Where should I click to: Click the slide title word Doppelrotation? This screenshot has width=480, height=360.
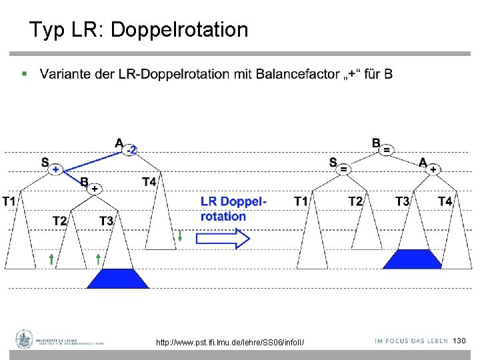pos(179,30)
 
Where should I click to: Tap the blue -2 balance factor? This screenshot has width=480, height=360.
pos(131,150)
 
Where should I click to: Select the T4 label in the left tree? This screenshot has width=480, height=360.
pos(149,181)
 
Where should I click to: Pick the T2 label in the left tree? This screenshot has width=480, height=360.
pos(60,221)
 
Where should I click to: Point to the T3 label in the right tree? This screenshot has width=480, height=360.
pos(402,201)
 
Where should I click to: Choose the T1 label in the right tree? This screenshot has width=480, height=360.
pos(301,201)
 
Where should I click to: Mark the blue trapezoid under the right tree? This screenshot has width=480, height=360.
pos(411,259)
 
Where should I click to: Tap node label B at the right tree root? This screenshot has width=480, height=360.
pos(376,143)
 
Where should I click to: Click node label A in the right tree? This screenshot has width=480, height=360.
pos(423,162)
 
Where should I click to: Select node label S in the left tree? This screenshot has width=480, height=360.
pos(45,162)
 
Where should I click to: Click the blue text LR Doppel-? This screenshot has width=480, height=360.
pos(233,201)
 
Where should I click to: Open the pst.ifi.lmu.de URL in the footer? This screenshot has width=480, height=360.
pos(230,342)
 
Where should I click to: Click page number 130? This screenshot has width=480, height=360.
pos(459,341)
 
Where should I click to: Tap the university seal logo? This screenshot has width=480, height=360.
pos(25,339)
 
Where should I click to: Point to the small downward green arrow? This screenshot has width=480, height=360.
pos(180,235)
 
